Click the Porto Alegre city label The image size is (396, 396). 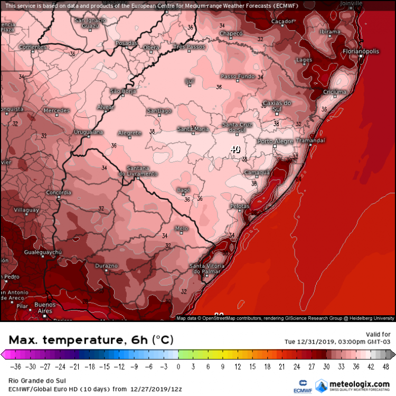274,142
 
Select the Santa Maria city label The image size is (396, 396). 193,129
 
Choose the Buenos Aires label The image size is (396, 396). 45,308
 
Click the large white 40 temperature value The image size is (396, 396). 235,149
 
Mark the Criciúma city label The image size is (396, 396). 335,92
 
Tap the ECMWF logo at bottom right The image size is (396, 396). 304,385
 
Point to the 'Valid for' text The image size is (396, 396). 378,334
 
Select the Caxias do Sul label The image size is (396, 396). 277,105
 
